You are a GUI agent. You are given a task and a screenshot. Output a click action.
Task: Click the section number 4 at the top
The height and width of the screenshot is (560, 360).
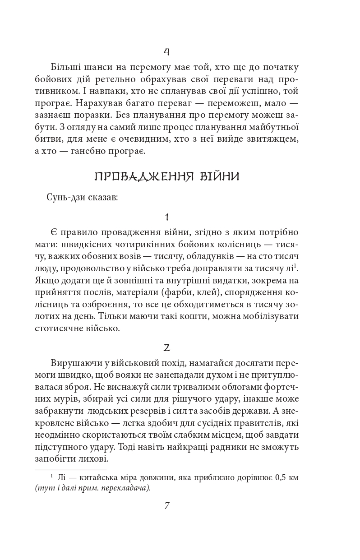pos(166,51)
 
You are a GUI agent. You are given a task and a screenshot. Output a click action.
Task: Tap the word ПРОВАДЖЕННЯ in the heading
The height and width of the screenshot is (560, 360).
pos(142,176)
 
